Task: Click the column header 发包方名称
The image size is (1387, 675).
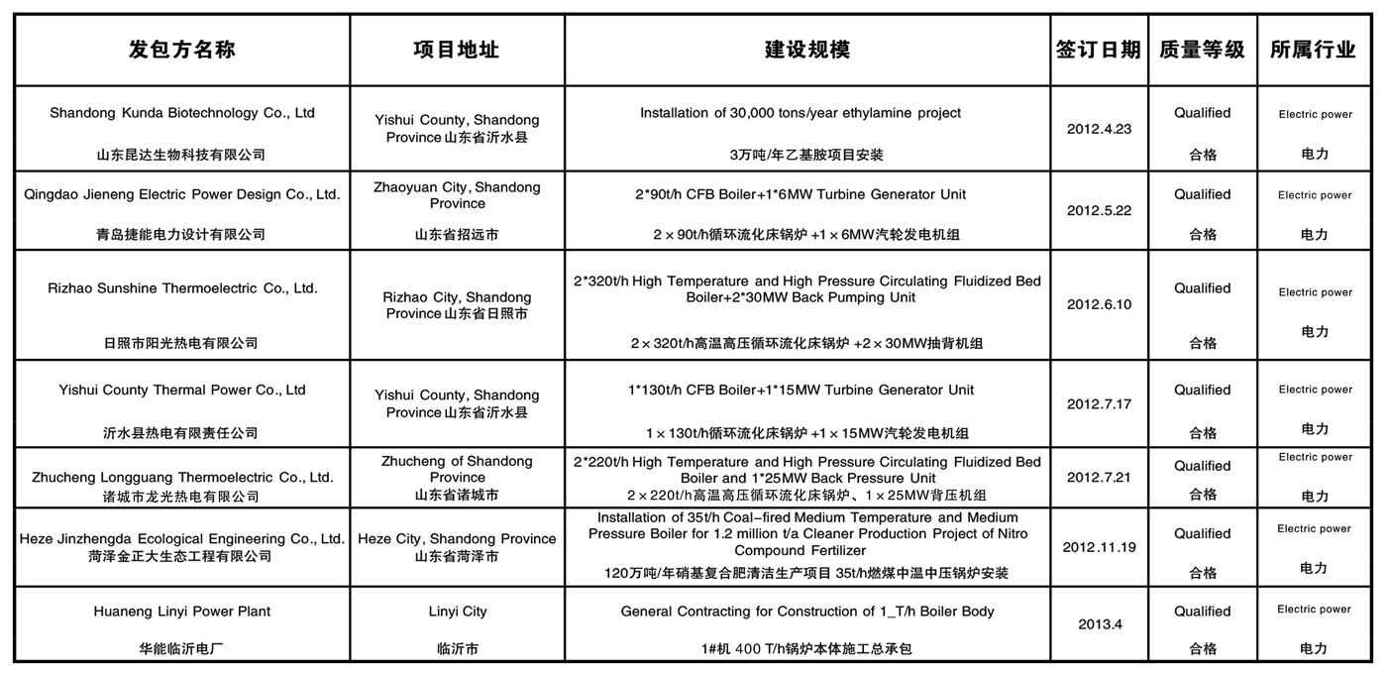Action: coord(182,50)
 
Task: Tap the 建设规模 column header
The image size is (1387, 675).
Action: coord(806,50)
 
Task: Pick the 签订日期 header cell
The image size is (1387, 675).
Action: coord(1098,50)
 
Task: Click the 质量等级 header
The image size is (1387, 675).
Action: coord(1202,50)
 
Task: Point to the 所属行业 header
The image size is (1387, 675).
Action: coord(1313,50)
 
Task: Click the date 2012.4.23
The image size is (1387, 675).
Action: coord(1099,129)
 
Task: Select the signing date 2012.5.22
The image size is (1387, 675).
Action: coord(1099,210)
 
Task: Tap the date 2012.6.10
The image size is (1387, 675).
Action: coord(1099,304)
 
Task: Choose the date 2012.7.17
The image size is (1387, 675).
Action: coord(1099,404)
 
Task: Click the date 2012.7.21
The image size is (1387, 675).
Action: coord(1099,477)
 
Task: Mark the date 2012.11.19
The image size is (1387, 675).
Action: coord(1099,547)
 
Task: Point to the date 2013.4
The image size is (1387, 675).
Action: coord(1099,624)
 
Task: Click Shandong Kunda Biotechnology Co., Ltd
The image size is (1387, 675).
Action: coord(182,113)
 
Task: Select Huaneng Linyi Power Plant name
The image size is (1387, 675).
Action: coord(181,612)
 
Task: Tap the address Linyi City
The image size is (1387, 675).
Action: coord(457,612)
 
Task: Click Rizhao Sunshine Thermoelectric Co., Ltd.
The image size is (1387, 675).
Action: coord(182,288)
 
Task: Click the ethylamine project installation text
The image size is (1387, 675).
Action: coord(800,113)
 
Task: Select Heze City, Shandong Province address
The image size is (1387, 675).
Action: coord(457,538)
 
